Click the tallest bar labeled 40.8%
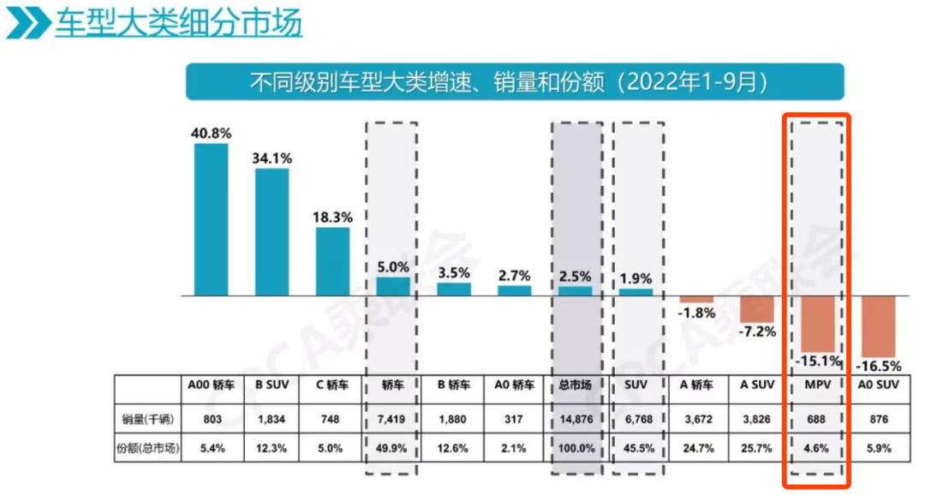coord(211,219)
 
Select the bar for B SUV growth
coord(272,231)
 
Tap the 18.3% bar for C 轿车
coord(332,261)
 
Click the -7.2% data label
coord(757,331)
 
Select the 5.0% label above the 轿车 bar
coord(393,267)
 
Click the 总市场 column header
coord(576,385)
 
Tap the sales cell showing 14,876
coord(576,419)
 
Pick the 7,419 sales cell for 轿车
coord(393,419)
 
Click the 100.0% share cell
coord(576,447)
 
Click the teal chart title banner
coord(515,82)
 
